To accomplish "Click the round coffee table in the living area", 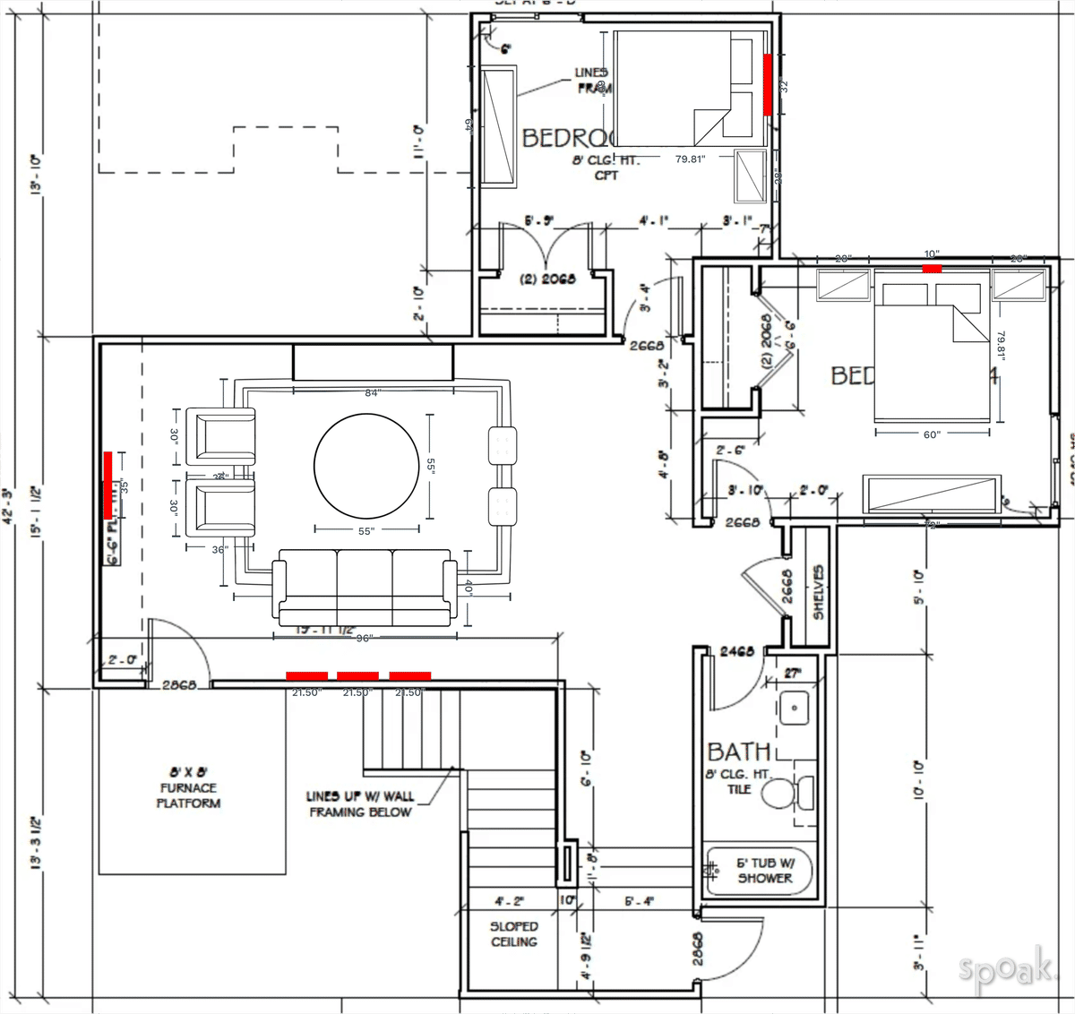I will (366, 466).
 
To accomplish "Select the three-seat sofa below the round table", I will (364, 587).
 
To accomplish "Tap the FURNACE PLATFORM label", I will (188, 788).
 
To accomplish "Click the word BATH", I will (738, 752).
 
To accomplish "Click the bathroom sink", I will (793, 708).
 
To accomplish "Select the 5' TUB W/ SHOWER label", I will (764, 871).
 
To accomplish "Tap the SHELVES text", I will (818, 592).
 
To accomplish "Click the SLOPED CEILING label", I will (514, 934).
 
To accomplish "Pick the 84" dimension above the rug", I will (373, 393).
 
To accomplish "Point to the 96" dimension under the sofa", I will (364, 638).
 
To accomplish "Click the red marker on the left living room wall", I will (107, 485).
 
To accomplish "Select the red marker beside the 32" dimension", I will (768, 84).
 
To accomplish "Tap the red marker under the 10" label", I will (932, 268).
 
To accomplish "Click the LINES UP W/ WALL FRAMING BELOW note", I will (359, 803).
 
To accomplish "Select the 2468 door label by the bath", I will (737, 652).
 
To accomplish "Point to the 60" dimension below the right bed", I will (932, 434).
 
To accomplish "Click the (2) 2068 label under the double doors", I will (547, 279).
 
